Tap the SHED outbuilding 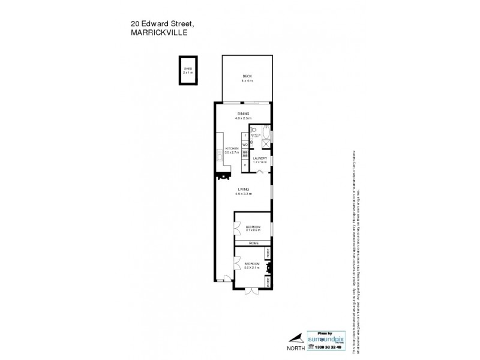[188, 71]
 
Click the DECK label [247, 77]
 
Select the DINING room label [243, 113]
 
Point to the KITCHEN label [232, 149]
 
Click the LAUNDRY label [260, 158]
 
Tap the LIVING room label [243, 189]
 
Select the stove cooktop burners [245, 154]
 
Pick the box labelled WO [245, 145]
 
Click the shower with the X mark [266, 143]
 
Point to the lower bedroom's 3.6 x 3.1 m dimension [252, 268]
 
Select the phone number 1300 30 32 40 [328, 346]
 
